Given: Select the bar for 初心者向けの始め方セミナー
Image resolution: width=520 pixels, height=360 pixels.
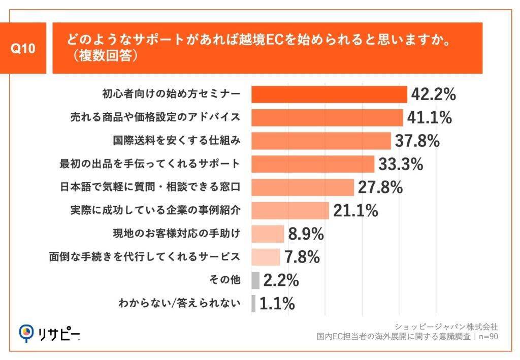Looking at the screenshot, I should coord(329,94).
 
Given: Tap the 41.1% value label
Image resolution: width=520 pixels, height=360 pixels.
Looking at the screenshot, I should coord(429,118).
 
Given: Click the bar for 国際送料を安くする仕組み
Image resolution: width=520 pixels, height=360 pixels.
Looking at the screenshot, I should coord(321,141).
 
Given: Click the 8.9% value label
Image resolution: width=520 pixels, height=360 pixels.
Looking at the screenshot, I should coord(306,234).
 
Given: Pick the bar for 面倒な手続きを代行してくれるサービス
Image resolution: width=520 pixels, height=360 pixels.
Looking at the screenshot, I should coord(266,257).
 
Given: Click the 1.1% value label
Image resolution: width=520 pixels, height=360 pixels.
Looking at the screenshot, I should coord(277,304).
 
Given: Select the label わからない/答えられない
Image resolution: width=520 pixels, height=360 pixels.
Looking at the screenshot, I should coord(178,304).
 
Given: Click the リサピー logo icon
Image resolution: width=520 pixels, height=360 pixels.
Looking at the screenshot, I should coord(26,333).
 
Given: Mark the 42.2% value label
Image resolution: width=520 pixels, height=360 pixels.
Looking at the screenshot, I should coord(433,94).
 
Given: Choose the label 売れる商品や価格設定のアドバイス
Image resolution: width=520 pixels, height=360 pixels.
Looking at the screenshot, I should coord(154,118).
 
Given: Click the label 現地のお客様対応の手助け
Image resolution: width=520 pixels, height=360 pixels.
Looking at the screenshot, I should coord(176,234).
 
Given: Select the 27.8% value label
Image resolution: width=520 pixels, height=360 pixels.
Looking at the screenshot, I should coord(380,187).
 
